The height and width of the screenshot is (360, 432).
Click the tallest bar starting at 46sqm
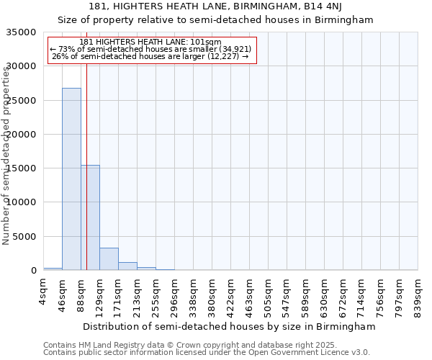pos(71,179)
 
